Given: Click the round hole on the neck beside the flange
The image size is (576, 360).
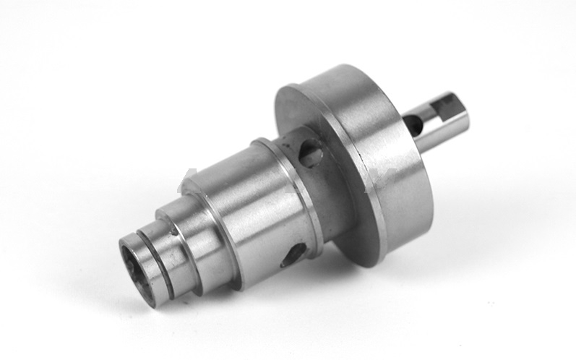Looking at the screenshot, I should (x=310, y=152).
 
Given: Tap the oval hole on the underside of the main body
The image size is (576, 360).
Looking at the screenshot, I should (x=294, y=252).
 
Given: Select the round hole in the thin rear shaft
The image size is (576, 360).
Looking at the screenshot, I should (x=414, y=125).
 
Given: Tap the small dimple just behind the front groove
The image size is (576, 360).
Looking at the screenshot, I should (x=173, y=233).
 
